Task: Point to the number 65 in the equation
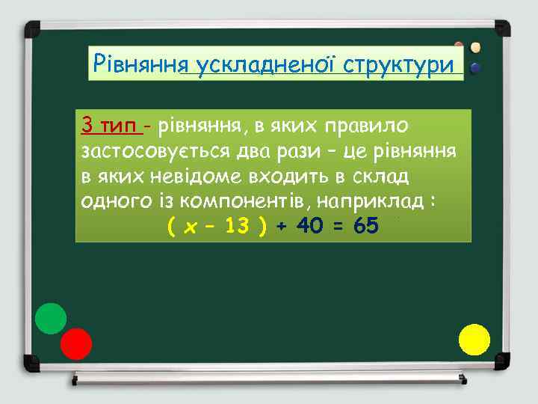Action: (366, 225)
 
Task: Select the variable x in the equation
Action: (190, 226)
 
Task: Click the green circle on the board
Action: (51, 318)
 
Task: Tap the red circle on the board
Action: (75, 344)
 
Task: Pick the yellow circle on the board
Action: (474, 340)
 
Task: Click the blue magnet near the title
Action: (474, 67)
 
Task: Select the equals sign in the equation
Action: (338, 226)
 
